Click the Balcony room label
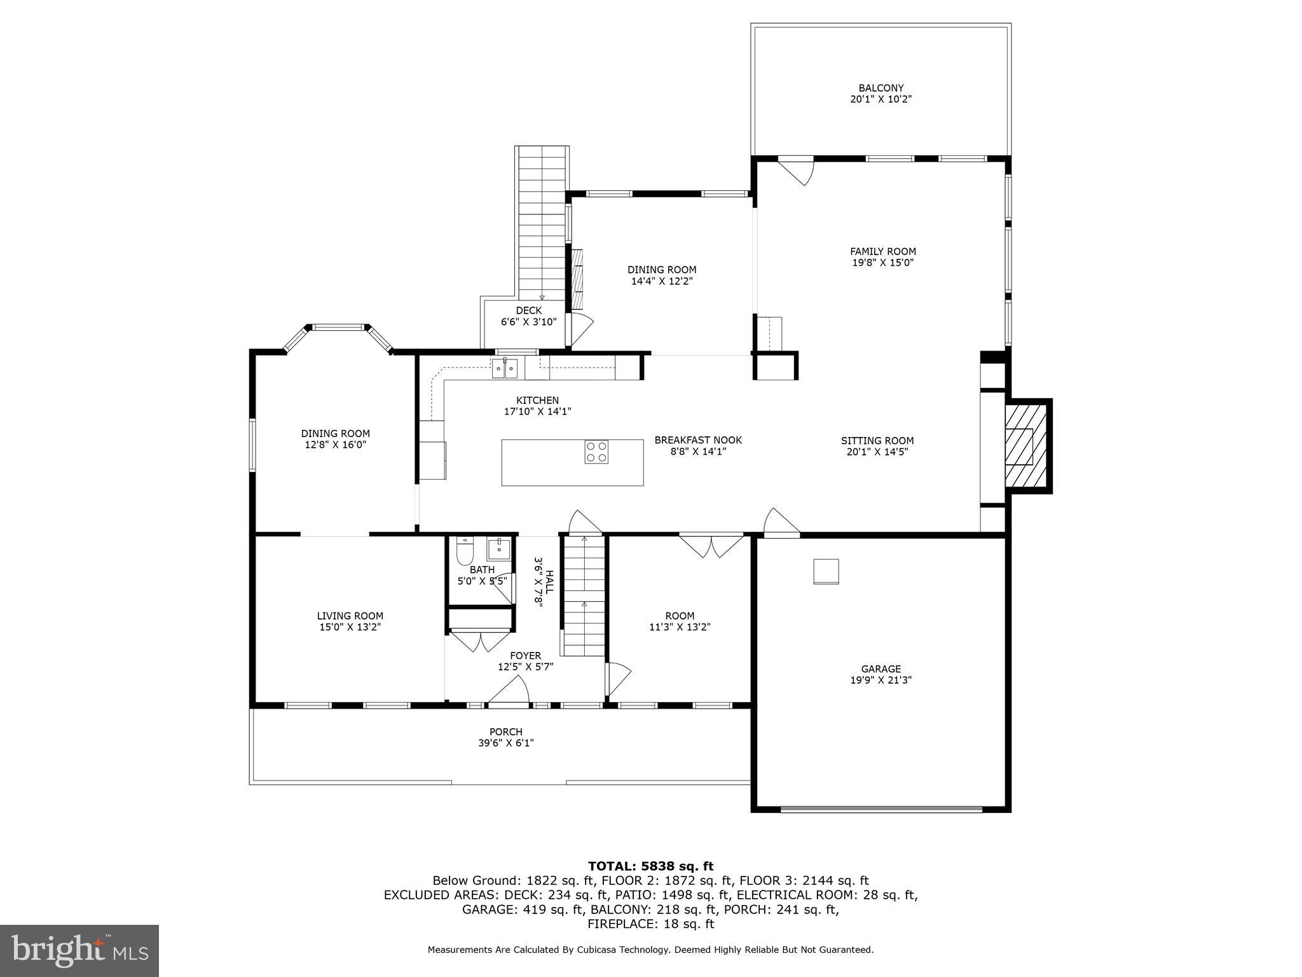pos(881,88)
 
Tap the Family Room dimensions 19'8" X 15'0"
pos(882,263)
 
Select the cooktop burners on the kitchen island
pos(596,452)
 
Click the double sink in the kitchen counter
pos(505,368)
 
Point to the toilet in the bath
pos(465,551)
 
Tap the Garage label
pos(881,669)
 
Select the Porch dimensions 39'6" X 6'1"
pos(505,743)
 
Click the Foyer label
pos(525,656)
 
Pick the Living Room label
pos(350,616)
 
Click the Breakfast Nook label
pos(698,440)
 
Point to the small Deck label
pos(528,310)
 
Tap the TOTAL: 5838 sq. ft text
pos(650,866)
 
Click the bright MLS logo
pos(79,951)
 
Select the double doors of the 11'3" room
pos(711,546)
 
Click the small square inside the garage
pos(826,571)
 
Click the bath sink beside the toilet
pos(499,548)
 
